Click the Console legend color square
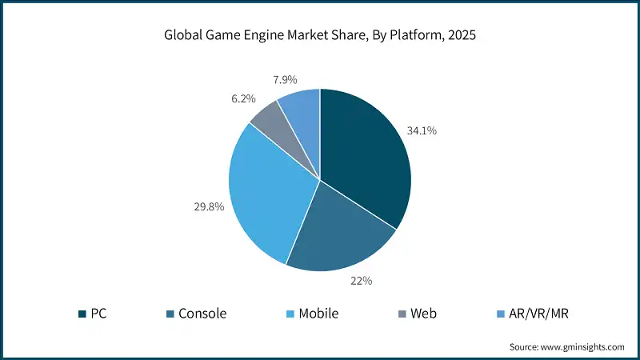(x=173, y=314)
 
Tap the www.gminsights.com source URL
(x=583, y=347)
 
